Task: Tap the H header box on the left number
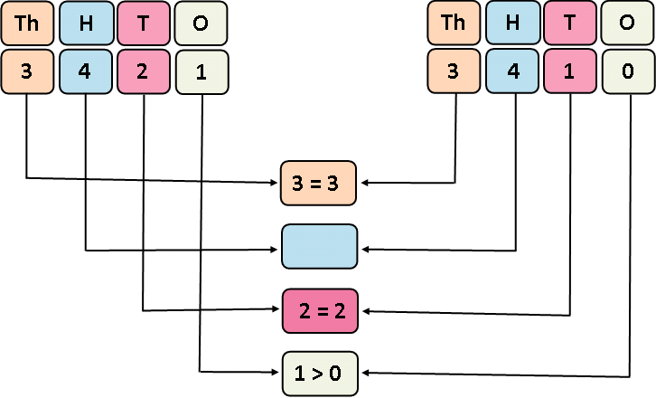(x=85, y=23)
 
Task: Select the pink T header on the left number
(x=143, y=23)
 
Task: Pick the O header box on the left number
(x=201, y=23)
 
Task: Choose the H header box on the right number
(x=513, y=23)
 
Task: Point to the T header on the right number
(x=570, y=23)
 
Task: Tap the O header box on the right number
(x=628, y=23)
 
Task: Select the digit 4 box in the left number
(x=85, y=71)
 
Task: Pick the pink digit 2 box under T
(x=143, y=71)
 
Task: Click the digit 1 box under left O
(x=201, y=72)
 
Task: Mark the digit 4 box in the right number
(x=513, y=71)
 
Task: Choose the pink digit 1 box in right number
(x=570, y=71)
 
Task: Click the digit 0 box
(x=628, y=71)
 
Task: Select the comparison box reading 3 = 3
(x=320, y=182)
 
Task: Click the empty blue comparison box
(x=320, y=246)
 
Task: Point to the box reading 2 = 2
(x=320, y=310)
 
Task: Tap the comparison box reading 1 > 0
(x=320, y=373)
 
